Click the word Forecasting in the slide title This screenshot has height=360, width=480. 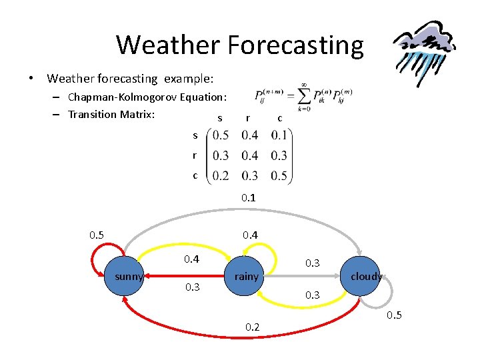295,45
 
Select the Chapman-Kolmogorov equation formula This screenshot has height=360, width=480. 303,97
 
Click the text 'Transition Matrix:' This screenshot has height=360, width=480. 111,114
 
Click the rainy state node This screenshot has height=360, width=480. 246,276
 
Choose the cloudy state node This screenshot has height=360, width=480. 365,276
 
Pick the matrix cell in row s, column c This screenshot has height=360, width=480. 279,135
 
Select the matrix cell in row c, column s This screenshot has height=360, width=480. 221,175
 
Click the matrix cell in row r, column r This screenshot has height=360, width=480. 250,155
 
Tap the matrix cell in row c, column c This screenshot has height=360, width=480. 279,175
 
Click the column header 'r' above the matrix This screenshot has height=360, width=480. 248,118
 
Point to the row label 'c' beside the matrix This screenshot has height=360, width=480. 195,175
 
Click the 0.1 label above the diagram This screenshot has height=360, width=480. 249,198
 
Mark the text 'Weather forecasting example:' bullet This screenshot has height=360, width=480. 130,79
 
